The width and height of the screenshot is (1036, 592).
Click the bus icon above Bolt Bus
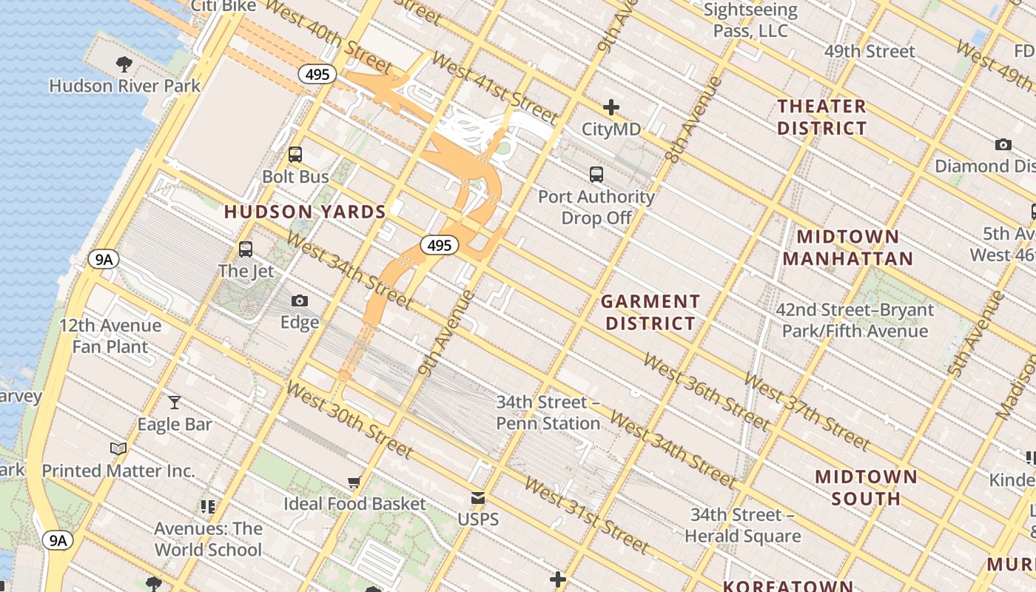[295, 155]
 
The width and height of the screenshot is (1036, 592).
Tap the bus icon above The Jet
[246, 249]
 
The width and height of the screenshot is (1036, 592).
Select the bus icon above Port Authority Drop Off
[596, 175]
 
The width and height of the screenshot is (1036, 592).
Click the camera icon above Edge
[300, 300]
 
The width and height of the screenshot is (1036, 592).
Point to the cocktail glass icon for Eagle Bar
[175, 403]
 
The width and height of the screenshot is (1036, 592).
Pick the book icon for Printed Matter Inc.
[118, 448]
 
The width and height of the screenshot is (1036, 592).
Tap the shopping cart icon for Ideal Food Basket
[354, 482]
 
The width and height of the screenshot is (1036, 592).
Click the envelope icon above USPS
[478, 498]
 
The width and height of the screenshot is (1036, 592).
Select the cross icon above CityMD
[611, 107]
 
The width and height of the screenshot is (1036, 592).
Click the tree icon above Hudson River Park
[124, 64]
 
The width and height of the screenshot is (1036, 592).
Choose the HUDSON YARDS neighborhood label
[305, 212]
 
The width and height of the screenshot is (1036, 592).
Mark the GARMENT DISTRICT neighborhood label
[650, 312]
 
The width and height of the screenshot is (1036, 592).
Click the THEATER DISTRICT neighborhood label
[821, 117]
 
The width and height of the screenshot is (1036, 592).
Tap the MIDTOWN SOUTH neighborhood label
[866, 487]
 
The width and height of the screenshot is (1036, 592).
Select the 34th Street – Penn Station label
[548, 413]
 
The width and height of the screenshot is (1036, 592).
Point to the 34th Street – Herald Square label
[742, 525]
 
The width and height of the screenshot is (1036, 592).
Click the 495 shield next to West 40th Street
[318, 74]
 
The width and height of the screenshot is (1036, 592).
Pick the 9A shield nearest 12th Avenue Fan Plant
[103, 259]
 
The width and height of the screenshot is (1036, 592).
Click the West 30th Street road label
[349, 420]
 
